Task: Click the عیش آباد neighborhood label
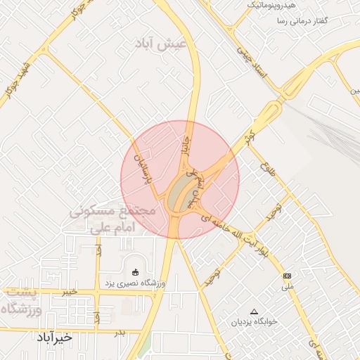coord(162,44)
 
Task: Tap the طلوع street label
coord(266,169)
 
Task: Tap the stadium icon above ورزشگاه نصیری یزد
coord(136,272)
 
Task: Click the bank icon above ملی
coord(287,276)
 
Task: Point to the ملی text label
coord(287,287)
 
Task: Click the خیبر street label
coord(69,291)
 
